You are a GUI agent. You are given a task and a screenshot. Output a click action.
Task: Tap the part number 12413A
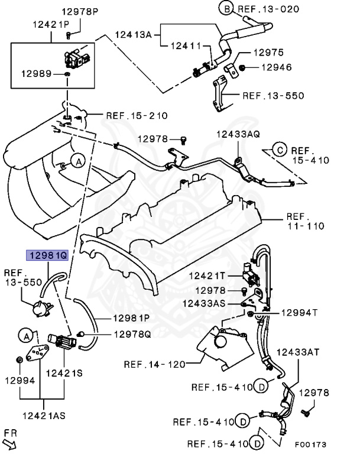[133, 35]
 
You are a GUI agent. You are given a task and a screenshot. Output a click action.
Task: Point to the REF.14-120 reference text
[154, 364]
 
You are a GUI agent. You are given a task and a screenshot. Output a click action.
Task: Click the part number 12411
[186, 45]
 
